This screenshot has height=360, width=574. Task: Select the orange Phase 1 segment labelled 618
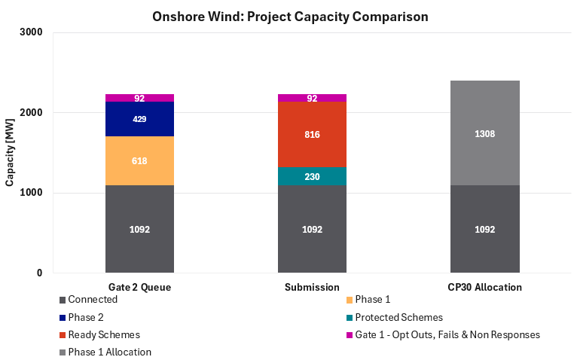pyautogui.click(x=139, y=161)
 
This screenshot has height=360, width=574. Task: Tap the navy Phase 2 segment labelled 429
pyautogui.click(x=139, y=119)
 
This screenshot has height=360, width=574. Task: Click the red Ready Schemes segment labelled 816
pyautogui.click(x=312, y=135)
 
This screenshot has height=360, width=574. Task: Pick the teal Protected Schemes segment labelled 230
pyautogui.click(x=312, y=176)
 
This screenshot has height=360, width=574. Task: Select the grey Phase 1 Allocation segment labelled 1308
pyautogui.click(x=484, y=133)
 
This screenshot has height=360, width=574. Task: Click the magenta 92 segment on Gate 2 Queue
pyautogui.click(x=139, y=98)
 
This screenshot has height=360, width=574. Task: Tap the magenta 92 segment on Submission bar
pyautogui.click(x=312, y=98)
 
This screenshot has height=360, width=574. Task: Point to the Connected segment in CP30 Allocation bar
pyautogui.click(x=484, y=229)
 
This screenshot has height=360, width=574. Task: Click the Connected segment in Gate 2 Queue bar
pyautogui.click(x=139, y=229)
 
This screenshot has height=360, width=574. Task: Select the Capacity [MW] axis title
pyautogui.click(x=11, y=152)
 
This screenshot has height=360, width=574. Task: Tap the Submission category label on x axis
pyautogui.click(x=312, y=287)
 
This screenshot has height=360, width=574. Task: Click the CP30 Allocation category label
pyautogui.click(x=484, y=287)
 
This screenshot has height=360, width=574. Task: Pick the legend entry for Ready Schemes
pyautogui.click(x=104, y=334)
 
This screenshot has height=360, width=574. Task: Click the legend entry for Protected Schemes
pyautogui.click(x=398, y=317)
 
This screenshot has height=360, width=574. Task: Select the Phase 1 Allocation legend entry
pyautogui.click(x=109, y=352)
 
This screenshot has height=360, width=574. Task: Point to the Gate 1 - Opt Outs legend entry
pyautogui.click(x=447, y=334)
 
